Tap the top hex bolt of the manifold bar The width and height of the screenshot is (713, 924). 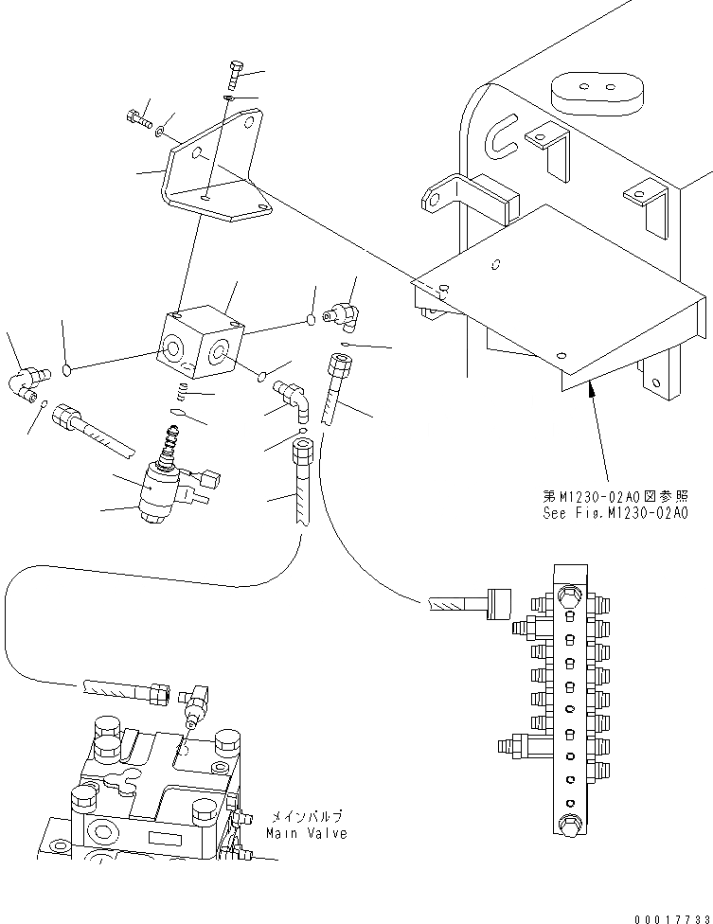click(568, 597)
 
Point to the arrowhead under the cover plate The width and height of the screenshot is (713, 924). click(592, 386)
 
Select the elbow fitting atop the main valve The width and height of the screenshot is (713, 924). click(198, 702)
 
